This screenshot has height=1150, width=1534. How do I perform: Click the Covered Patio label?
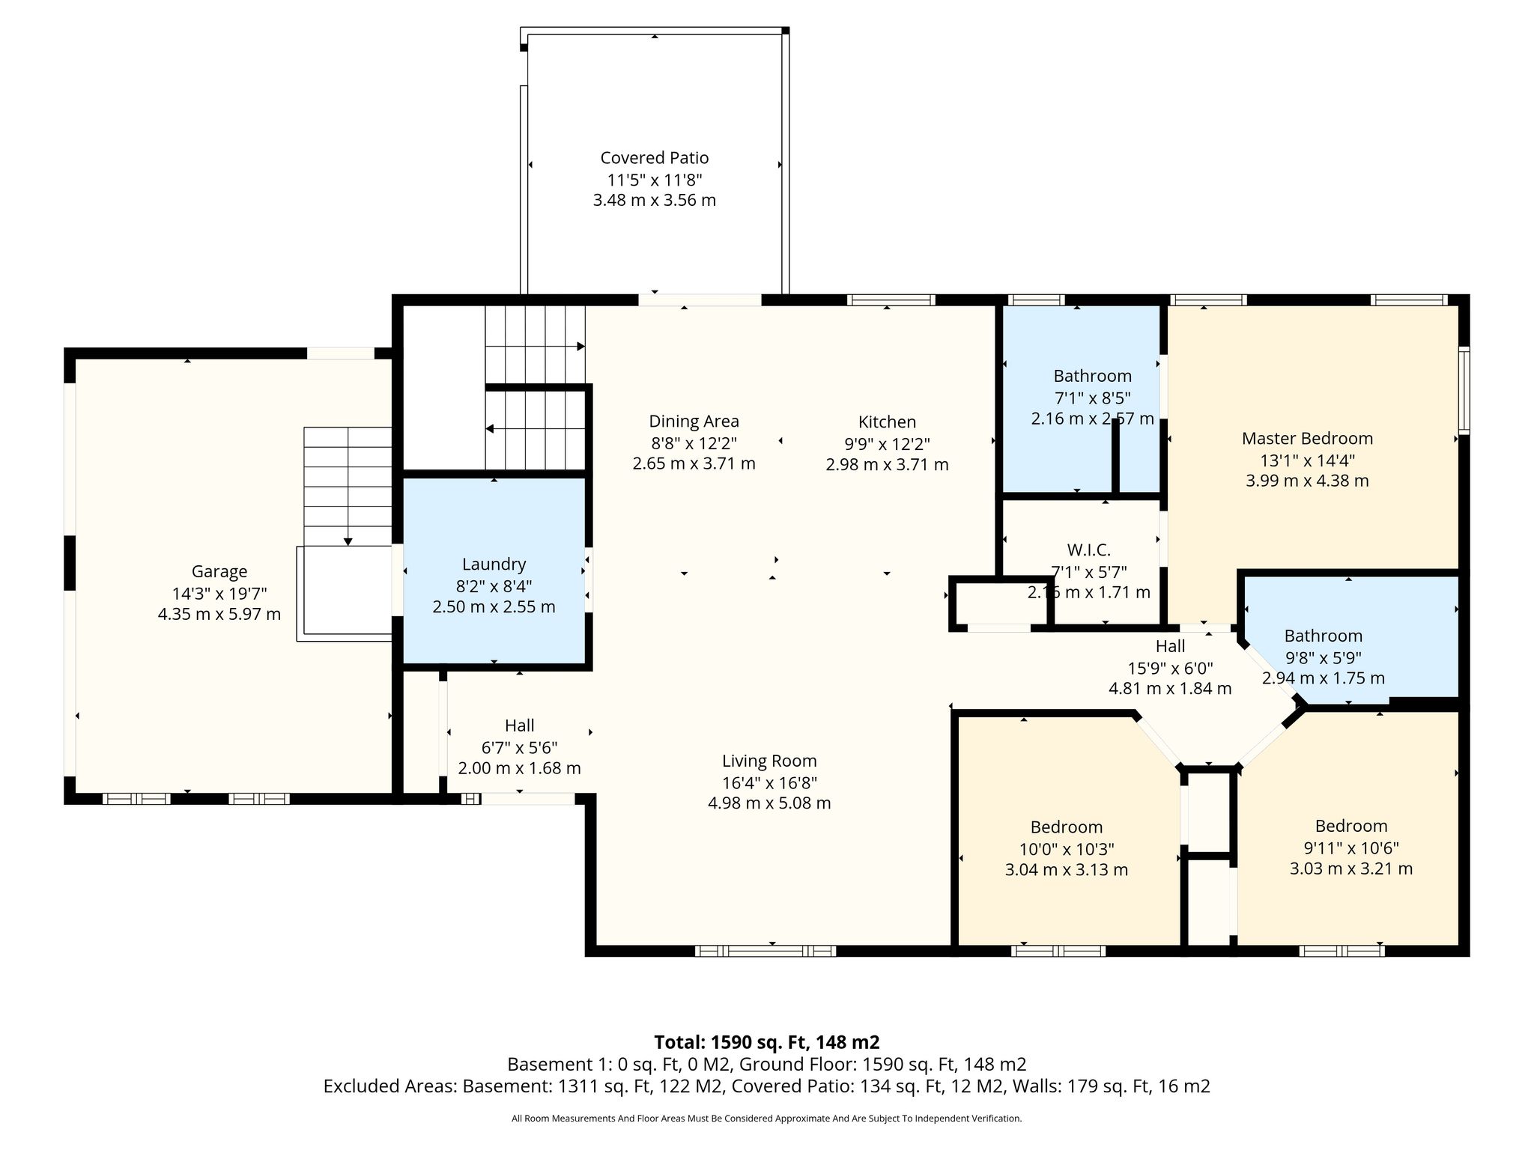(654, 158)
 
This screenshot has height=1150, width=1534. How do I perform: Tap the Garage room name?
(219, 572)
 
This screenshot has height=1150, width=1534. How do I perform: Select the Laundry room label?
(494, 565)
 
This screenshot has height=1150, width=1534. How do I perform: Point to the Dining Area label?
(694, 422)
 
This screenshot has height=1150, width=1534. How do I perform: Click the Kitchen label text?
(887, 422)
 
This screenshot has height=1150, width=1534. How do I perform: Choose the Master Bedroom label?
(1307, 439)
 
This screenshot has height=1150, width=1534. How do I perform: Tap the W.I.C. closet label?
(1088, 550)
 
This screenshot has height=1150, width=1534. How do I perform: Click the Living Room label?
(769, 761)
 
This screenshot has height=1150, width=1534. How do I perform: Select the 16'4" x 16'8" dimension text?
(769, 783)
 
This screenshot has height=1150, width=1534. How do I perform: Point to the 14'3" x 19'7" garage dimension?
(219, 594)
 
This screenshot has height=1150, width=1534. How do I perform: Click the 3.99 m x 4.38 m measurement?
(1307, 481)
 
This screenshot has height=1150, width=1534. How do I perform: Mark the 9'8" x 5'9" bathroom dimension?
(1323, 658)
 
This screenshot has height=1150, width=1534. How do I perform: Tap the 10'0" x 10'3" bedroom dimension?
(1067, 849)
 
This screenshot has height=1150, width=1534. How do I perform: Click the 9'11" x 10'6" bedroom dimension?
(1351, 848)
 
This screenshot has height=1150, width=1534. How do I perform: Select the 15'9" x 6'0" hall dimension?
(1170, 668)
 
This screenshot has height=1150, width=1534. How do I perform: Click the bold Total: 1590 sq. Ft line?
(767, 1042)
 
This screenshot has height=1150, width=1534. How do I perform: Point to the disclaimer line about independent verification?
(767, 1119)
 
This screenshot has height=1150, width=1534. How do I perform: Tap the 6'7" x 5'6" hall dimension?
(519, 747)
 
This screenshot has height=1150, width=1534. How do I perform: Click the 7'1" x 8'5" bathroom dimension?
(1092, 398)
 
